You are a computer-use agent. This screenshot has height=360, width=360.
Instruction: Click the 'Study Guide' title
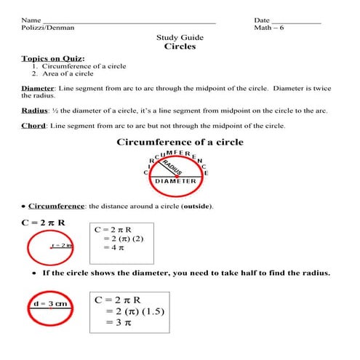[x=180, y=37]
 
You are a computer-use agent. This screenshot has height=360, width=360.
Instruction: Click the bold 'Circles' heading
[x=180, y=47]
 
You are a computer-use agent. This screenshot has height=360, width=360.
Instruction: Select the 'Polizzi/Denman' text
[x=48, y=28]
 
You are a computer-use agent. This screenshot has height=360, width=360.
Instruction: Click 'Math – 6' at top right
[x=271, y=28]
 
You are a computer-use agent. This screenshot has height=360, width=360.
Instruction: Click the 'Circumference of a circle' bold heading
[x=180, y=142]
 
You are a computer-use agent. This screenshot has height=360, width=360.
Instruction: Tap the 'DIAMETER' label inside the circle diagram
[x=175, y=181]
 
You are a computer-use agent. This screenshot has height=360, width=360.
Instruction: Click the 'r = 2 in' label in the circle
[x=63, y=246]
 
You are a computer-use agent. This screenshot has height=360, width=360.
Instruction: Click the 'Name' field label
[x=31, y=20]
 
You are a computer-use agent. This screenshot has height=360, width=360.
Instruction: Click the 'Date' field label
[x=262, y=20]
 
